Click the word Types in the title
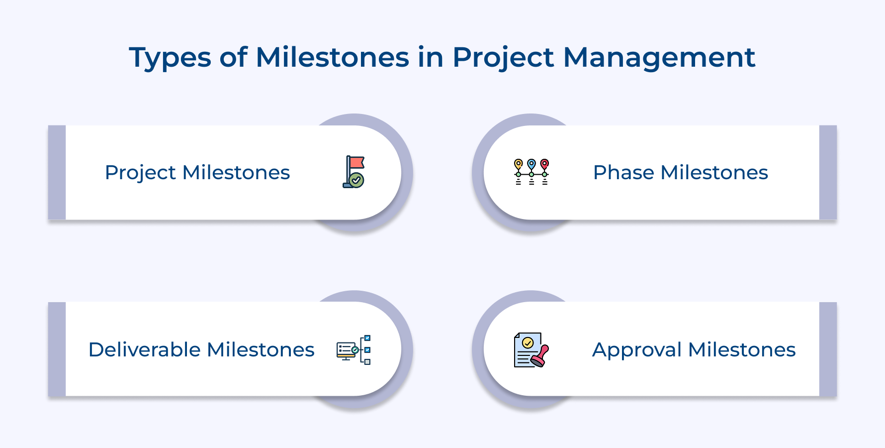[170, 58]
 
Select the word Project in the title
[503, 58]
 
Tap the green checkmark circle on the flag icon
[356, 180]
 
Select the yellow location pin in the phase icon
[519, 164]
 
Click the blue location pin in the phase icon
[531, 164]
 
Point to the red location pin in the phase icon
[545, 164]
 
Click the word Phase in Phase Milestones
[623, 173]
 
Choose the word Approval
[636, 350]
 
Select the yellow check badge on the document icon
[528, 342]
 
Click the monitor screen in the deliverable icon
[346, 349]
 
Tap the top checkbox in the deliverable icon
[367, 338]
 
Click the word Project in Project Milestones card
[140, 173]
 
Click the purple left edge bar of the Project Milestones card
[57, 172]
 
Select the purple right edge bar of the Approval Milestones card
[828, 349]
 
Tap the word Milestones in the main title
[333, 58]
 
